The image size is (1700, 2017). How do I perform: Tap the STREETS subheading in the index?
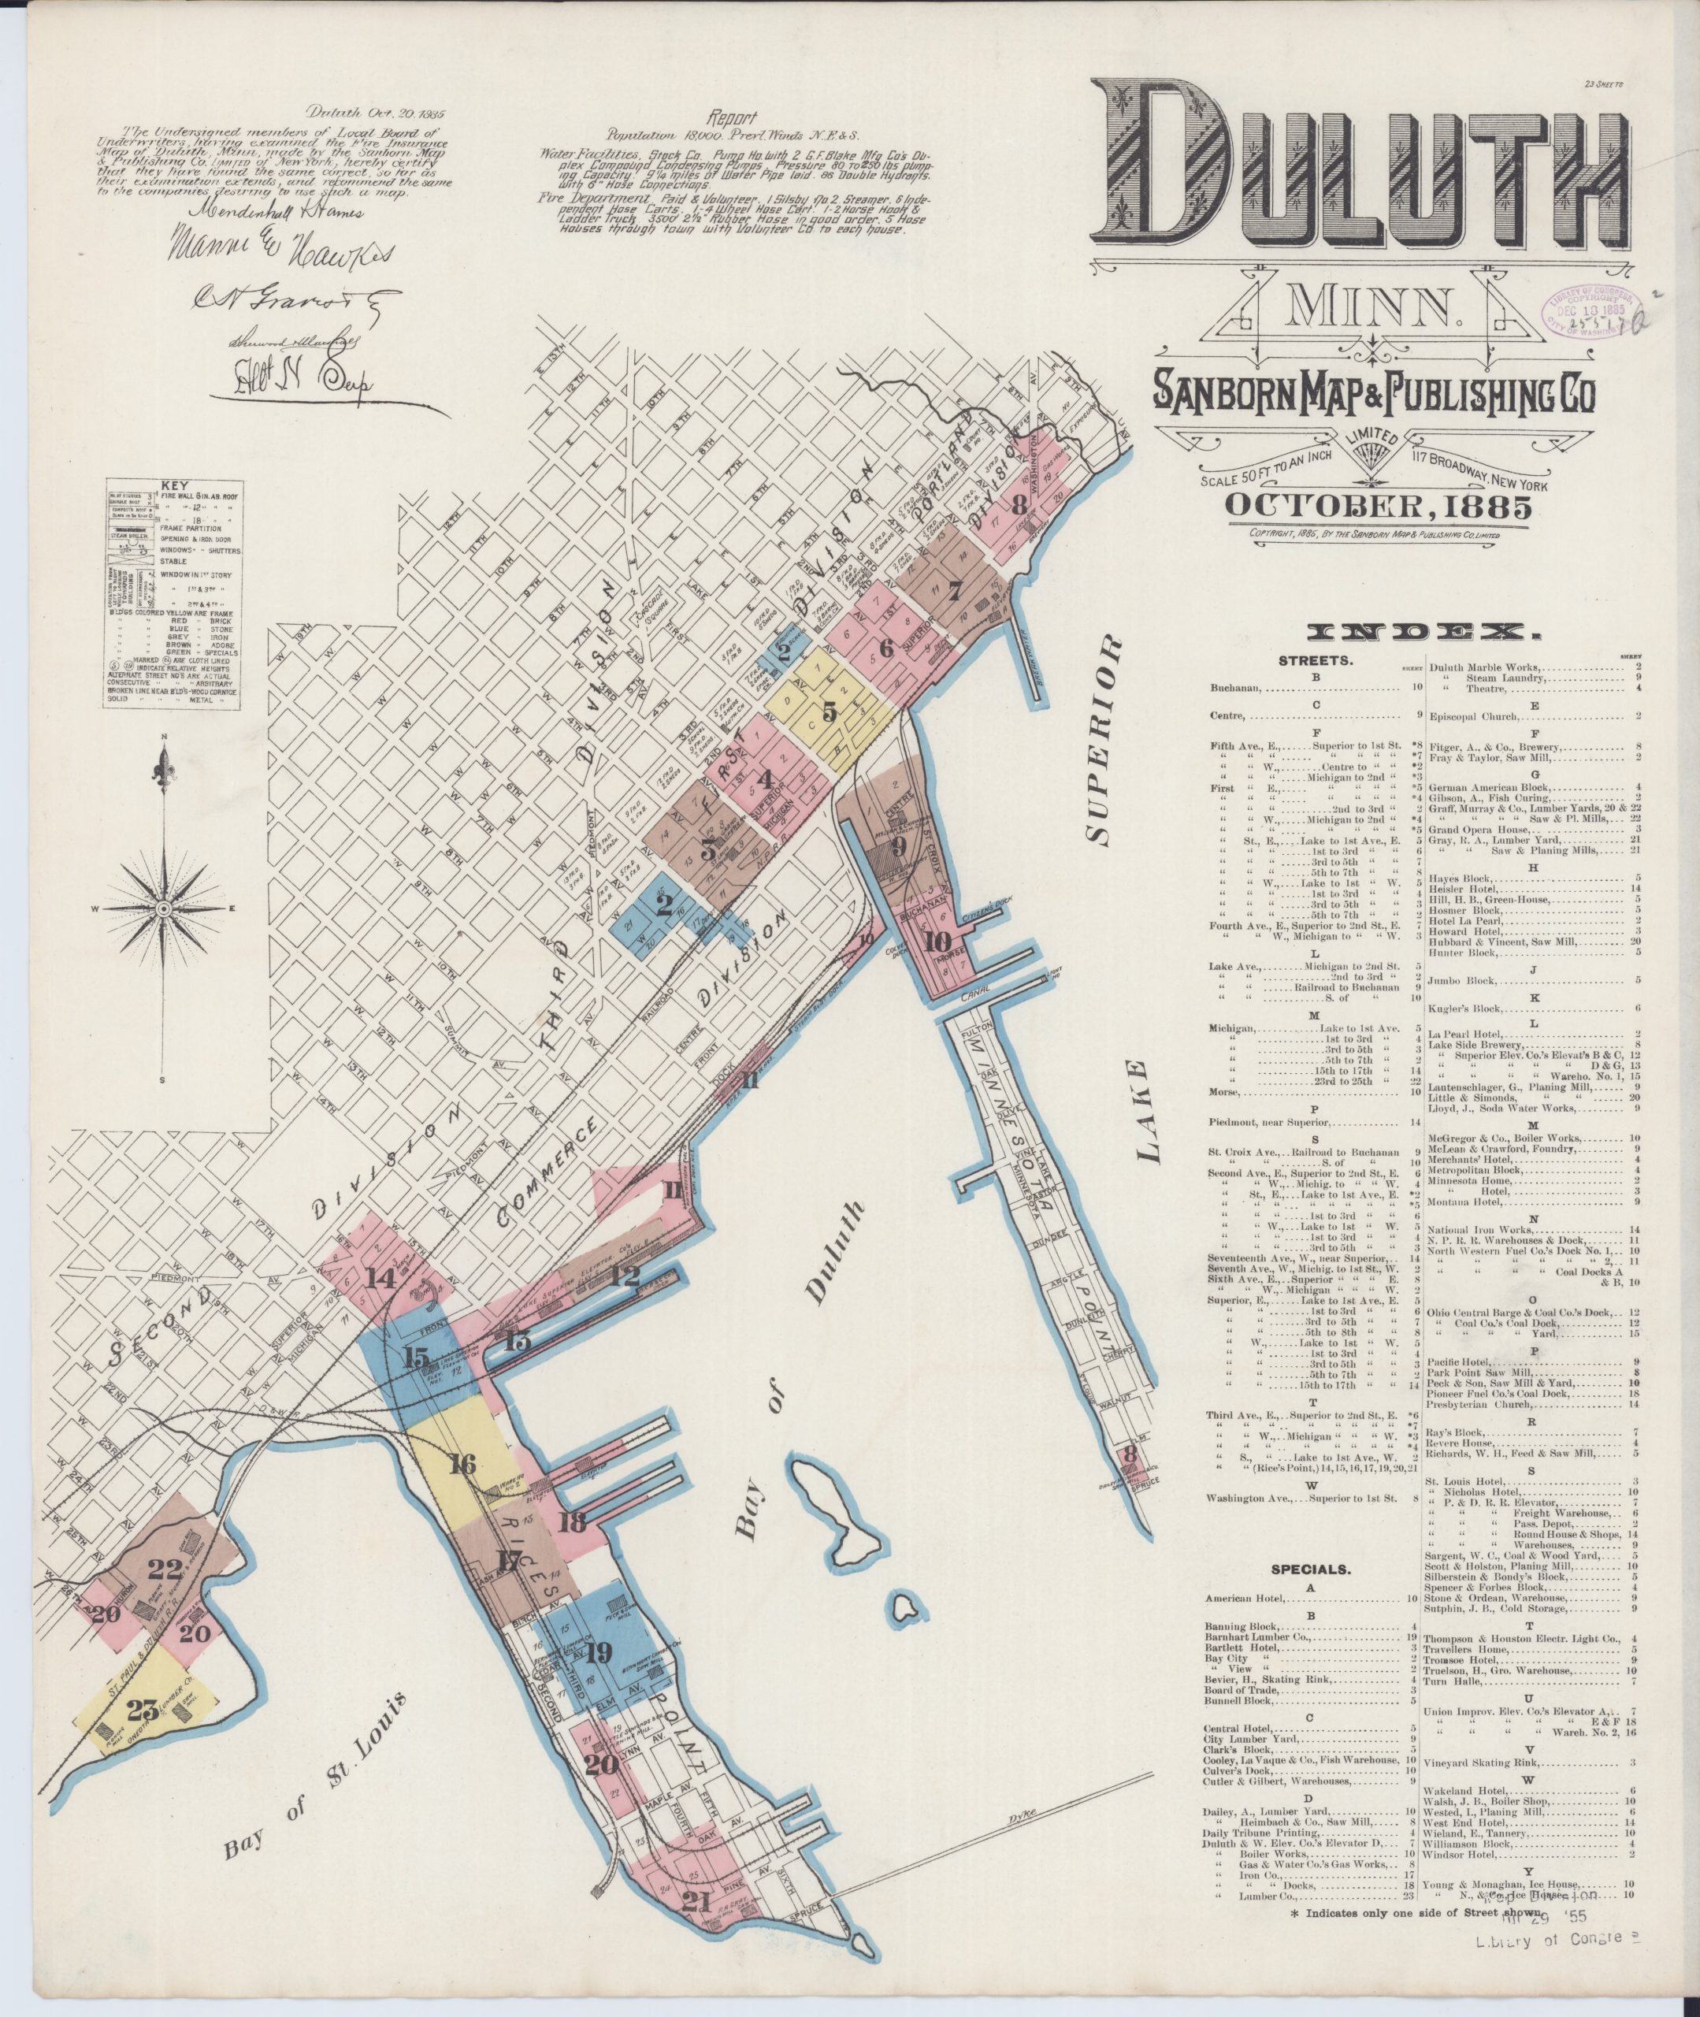1316,661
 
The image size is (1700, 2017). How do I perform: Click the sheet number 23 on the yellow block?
143,1711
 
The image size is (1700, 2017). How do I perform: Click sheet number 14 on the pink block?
380,1278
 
